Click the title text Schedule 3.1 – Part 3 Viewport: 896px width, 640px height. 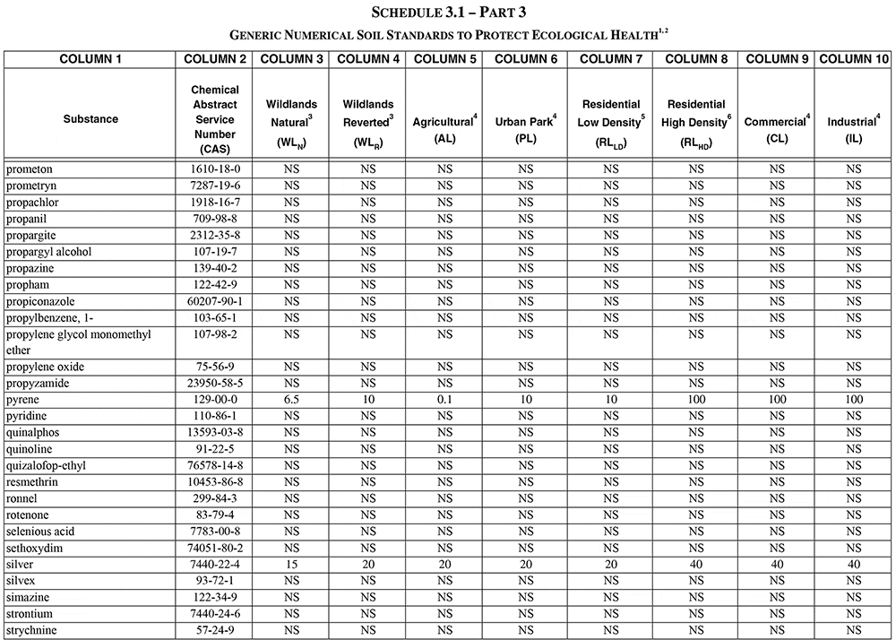tap(448, 13)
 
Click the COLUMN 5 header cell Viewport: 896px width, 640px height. tap(444, 59)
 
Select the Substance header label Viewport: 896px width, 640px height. tap(90, 119)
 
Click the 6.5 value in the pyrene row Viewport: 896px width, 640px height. tap(291, 400)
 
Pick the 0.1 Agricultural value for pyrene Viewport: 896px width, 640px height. tap(444, 400)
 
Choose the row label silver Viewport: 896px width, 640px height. tap(22, 565)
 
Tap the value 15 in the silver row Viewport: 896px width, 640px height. tap(291, 565)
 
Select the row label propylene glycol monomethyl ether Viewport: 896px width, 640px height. tap(79, 342)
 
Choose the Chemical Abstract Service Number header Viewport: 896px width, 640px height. tap(215, 119)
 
